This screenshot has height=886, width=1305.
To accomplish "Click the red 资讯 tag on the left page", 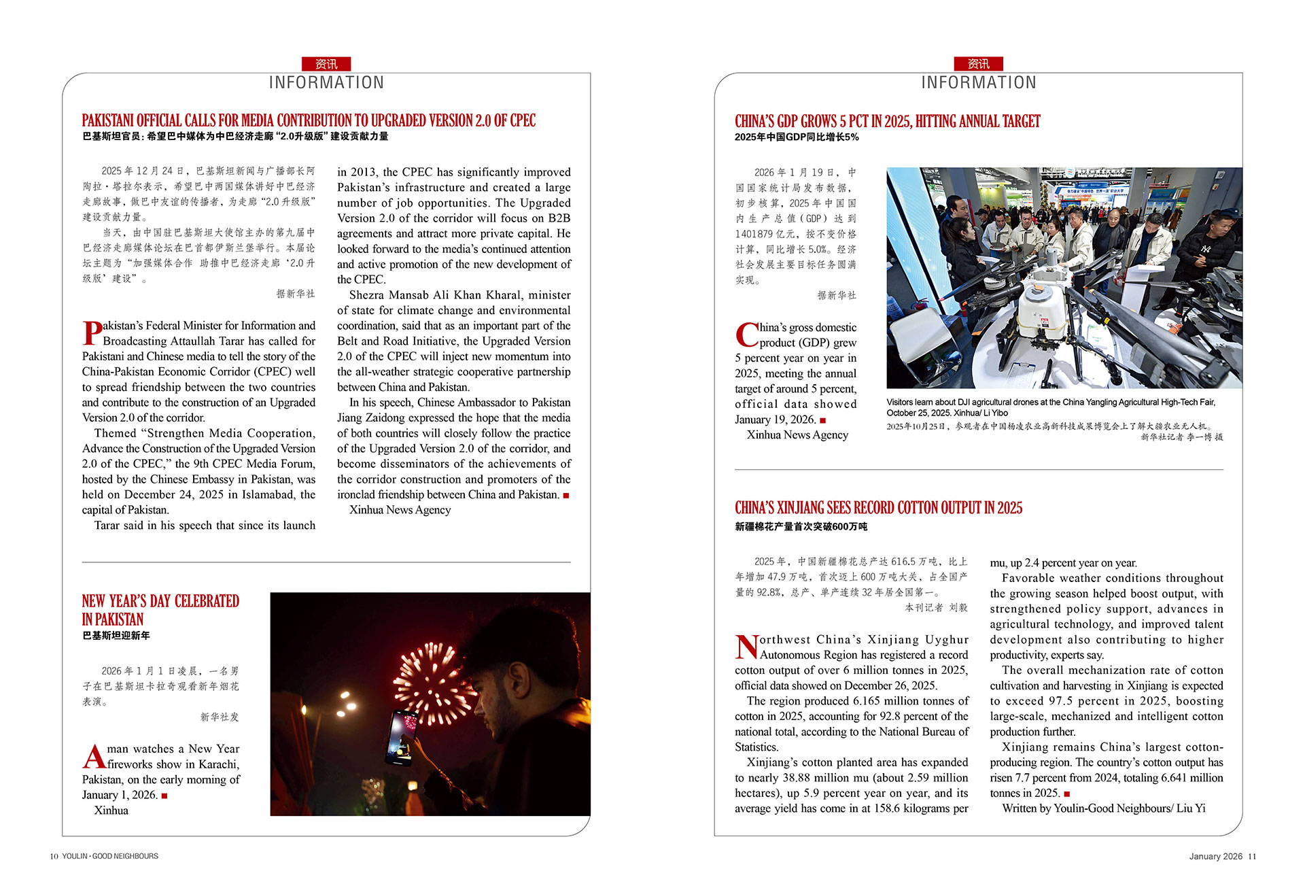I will pyautogui.click(x=326, y=64).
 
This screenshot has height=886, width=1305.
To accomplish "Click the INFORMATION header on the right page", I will pyautogui.click(x=978, y=83).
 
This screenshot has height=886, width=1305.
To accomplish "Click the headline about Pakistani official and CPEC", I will pyautogui.click(x=309, y=121).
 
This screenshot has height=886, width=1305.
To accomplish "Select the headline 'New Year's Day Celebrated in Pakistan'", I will pyautogui.click(x=160, y=610).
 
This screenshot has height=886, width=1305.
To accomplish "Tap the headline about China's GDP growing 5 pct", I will pyautogui.click(x=887, y=122).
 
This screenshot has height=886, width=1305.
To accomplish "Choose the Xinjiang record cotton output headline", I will pyautogui.click(x=878, y=508).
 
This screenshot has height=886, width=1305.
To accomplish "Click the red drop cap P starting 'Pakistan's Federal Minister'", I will pyautogui.click(x=92, y=333).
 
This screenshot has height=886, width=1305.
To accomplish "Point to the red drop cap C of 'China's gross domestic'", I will pyautogui.click(x=746, y=335).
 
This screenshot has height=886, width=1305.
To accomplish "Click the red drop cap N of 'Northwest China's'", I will pyautogui.click(x=746, y=647).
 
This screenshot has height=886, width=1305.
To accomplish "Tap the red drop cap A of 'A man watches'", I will pyautogui.click(x=94, y=756).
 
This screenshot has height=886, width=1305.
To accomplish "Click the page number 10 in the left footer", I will pyautogui.click(x=54, y=856).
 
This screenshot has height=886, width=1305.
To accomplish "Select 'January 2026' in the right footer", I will pyautogui.click(x=1215, y=856).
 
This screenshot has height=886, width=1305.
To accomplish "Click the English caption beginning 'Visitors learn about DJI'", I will pyautogui.click(x=1050, y=407).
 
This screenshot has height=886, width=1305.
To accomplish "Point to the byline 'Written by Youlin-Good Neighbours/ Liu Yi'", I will pyautogui.click(x=1103, y=808).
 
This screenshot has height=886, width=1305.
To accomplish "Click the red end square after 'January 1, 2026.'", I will pyautogui.click(x=164, y=796).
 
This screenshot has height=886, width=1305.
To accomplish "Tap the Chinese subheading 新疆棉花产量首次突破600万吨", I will pyautogui.click(x=801, y=526).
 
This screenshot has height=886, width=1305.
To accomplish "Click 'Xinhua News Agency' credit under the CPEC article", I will pyautogui.click(x=400, y=510).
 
